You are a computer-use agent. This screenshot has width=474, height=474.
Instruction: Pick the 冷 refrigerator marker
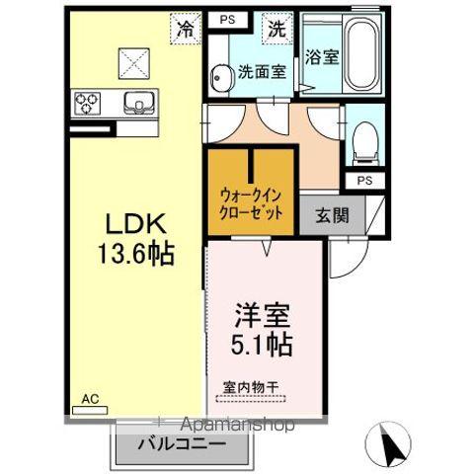pyautogui.click(x=185, y=30)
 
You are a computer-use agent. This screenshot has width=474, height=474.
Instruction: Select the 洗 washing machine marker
pyautogui.click(x=276, y=29)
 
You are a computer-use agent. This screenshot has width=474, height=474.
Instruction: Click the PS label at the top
pyautogui.click(x=227, y=19)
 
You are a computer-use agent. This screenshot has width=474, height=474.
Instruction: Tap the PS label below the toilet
pyautogui.click(x=363, y=181)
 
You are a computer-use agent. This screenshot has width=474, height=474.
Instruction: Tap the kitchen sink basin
pyautogui.click(x=135, y=101)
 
